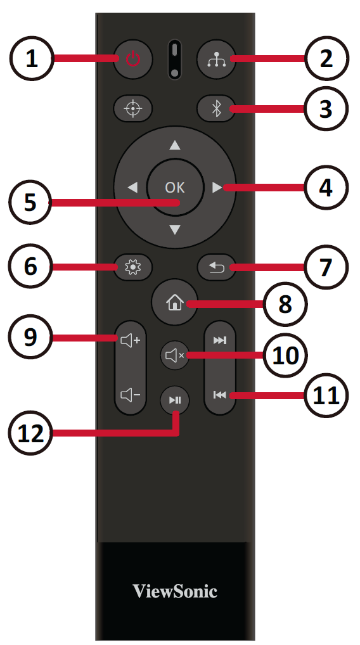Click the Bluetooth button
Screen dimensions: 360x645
pyautogui.click(x=216, y=109)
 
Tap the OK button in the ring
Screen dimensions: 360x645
pyautogui.click(x=175, y=187)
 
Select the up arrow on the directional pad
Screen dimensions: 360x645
pyautogui.click(x=175, y=145)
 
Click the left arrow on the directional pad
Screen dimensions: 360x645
pyautogui.click(x=132, y=188)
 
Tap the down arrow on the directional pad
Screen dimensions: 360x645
pyautogui.click(x=175, y=229)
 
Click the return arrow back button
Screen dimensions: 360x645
pyautogui.click(x=216, y=268)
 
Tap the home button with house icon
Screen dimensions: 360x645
pyautogui.click(x=174, y=303)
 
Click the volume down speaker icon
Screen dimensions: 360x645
pyautogui.click(x=131, y=395)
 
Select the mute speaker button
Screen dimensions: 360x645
pyautogui.click(x=175, y=355)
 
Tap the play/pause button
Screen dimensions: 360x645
pyautogui.click(x=175, y=399)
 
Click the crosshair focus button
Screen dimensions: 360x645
pyautogui.click(x=133, y=109)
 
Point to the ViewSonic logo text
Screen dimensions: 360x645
pyautogui.click(x=175, y=591)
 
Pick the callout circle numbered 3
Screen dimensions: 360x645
pyautogui.click(x=326, y=109)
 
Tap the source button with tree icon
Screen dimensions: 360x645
pyautogui.click(x=216, y=59)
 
